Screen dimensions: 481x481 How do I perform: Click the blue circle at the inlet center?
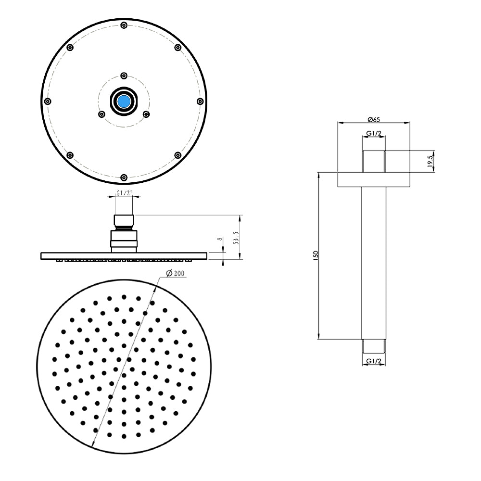point(124,101)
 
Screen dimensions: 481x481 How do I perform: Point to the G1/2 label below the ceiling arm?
point(374,361)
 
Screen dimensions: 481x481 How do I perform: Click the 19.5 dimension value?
point(430,161)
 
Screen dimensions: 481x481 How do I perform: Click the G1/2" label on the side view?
point(124,194)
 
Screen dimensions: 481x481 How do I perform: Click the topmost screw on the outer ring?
point(124,25)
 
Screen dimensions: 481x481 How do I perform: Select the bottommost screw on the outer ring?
point(124,177)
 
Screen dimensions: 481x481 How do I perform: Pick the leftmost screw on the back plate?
point(47,101)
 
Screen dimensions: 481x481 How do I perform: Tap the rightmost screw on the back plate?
point(200,101)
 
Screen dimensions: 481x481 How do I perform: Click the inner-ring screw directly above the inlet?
point(124,75)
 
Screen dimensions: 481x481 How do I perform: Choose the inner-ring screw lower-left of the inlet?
point(101,114)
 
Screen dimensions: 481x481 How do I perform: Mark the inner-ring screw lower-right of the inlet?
point(147,114)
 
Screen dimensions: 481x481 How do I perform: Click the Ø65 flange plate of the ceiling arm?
point(374,179)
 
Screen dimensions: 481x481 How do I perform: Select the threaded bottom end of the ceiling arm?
point(374,345)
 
